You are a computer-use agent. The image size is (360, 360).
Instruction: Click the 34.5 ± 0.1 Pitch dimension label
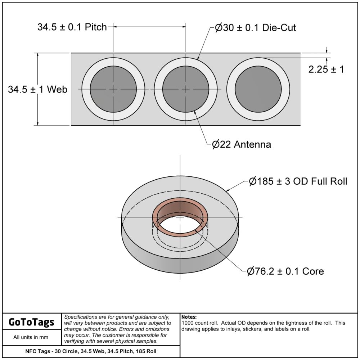tap(72, 27)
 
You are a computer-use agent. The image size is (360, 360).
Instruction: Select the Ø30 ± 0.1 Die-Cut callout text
tap(256, 28)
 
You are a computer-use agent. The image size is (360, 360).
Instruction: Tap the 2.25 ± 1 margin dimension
tap(326, 69)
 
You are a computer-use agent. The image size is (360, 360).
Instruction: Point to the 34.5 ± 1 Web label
tap(38, 89)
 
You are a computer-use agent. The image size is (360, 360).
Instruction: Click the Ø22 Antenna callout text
tap(242, 145)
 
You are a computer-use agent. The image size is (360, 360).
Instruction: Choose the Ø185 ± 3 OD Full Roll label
tap(298, 181)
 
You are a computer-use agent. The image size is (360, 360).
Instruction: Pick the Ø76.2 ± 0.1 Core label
tap(285, 271)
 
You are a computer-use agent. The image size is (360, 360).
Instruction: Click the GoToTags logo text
tap(31, 322)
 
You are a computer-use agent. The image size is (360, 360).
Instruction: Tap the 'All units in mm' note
tap(31, 337)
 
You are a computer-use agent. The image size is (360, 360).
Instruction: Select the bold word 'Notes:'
tap(189, 317)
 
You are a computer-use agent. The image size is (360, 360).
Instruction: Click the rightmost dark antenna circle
tap(258, 89)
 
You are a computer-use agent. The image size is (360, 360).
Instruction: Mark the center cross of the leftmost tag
tap(113, 89)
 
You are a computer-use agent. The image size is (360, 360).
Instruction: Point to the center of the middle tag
tap(186, 89)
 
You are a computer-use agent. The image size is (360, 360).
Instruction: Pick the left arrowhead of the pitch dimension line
tap(116, 26)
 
